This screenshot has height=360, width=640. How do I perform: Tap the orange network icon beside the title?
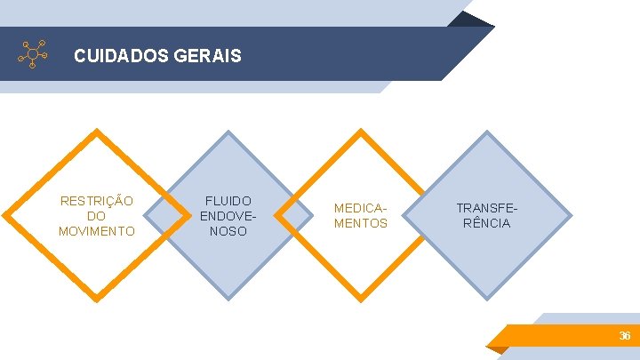coord(33,54)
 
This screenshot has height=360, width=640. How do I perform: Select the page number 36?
coord(625,336)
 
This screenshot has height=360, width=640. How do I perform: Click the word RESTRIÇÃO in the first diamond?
coord(96,201)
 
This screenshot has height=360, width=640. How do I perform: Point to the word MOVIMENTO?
coord(96,231)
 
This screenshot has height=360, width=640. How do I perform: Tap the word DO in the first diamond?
coord(96,216)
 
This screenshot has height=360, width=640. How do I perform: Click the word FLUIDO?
coord(228,201)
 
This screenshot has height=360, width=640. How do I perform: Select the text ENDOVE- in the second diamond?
coord(228,216)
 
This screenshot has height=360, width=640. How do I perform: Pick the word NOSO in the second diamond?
coord(228,231)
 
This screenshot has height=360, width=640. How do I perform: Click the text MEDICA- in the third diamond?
coord(361,208)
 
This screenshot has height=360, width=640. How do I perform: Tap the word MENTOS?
coord(361,223)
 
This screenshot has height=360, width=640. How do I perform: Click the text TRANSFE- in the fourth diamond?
coord(486,208)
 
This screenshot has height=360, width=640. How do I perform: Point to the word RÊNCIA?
coord(486,223)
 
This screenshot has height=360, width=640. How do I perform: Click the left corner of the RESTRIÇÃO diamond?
coord(6,216)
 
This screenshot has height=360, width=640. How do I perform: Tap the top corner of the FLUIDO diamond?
coord(228,134)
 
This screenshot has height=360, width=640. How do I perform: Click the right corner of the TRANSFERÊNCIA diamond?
coord(569,216)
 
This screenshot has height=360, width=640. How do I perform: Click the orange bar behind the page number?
coord(551,336)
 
